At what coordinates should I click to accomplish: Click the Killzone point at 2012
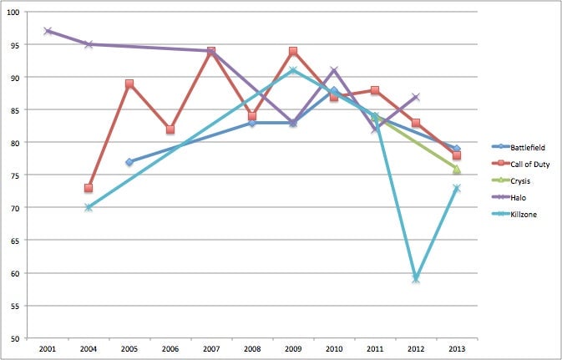416,279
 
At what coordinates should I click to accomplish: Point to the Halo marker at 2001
48,31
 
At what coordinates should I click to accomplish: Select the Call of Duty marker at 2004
89,188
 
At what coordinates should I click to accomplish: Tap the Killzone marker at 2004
89,207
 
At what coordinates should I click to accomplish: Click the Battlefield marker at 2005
129,162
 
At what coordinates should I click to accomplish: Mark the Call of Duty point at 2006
170,129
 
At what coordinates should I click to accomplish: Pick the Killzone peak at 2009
293,70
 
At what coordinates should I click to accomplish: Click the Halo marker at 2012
416,97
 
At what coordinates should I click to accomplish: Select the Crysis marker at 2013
457,169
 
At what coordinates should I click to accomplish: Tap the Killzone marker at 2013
457,188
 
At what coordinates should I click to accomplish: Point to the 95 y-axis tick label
16,44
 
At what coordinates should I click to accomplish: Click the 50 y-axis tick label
16,338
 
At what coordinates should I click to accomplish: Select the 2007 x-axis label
211,347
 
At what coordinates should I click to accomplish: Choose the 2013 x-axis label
457,347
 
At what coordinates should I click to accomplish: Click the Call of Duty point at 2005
129,84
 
